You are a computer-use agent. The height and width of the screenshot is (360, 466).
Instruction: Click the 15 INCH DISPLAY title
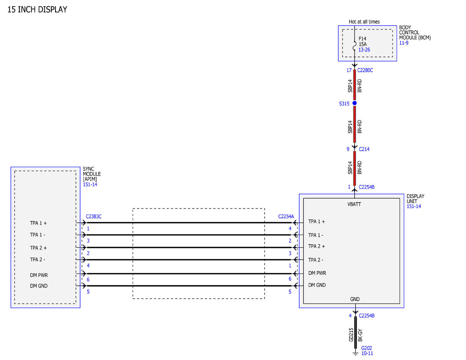[37, 10]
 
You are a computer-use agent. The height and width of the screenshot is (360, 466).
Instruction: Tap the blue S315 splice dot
[355, 103]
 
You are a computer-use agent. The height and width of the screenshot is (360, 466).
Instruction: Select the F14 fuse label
[362, 39]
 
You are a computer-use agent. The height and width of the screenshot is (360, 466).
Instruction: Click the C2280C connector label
[365, 70]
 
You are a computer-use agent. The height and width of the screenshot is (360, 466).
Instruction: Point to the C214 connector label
[364, 149]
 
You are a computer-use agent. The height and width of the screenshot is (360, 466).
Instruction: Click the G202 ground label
[367, 348]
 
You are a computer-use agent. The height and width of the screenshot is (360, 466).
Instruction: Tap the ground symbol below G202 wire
[355, 354]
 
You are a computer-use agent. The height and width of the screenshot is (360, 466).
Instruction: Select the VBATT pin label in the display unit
[354, 204]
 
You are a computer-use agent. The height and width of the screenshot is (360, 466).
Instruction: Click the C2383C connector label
[94, 217]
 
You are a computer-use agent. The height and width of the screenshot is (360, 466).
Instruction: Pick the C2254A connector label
[286, 217]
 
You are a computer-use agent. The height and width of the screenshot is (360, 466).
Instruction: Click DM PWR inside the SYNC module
[39, 275]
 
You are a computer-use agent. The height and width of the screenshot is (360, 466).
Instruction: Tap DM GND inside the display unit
[317, 285]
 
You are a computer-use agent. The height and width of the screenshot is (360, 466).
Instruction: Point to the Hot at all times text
[364, 22]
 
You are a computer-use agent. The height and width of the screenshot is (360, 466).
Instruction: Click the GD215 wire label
[351, 335]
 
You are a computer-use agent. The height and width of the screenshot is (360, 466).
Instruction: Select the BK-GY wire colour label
[360, 335]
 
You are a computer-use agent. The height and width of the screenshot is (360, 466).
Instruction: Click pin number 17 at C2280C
[349, 70]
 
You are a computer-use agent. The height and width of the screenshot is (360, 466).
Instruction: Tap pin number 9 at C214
[348, 149]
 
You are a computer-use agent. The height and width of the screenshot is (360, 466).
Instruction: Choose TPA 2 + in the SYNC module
[38, 248]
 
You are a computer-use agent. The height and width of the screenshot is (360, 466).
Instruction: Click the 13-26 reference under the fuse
[364, 50]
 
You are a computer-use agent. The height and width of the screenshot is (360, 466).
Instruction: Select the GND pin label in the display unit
[355, 299]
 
